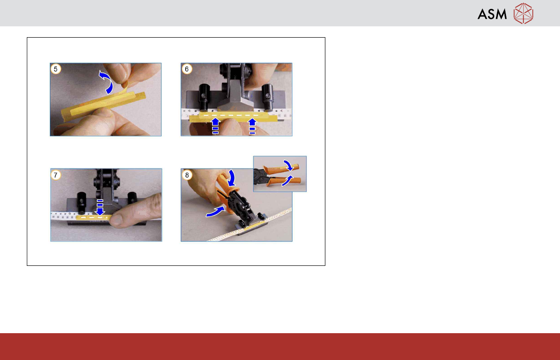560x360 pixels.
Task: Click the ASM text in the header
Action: (492, 14)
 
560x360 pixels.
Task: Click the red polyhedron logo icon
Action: (523, 14)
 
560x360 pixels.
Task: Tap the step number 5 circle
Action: (55, 69)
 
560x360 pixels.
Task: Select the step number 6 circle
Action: (186, 69)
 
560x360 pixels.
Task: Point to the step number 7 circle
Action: (55, 175)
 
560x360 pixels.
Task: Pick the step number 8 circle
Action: (187, 175)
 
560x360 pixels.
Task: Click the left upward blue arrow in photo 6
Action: (215, 126)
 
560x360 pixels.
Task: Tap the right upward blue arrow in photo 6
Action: (252, 126)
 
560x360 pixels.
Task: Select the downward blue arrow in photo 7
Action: (100, 208)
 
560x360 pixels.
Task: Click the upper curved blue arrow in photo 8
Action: (231, 178)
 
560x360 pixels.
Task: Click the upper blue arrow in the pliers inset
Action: (288, 165)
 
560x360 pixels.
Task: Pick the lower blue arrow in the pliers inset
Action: (287, 181)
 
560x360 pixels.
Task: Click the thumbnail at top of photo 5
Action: (118, 72)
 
